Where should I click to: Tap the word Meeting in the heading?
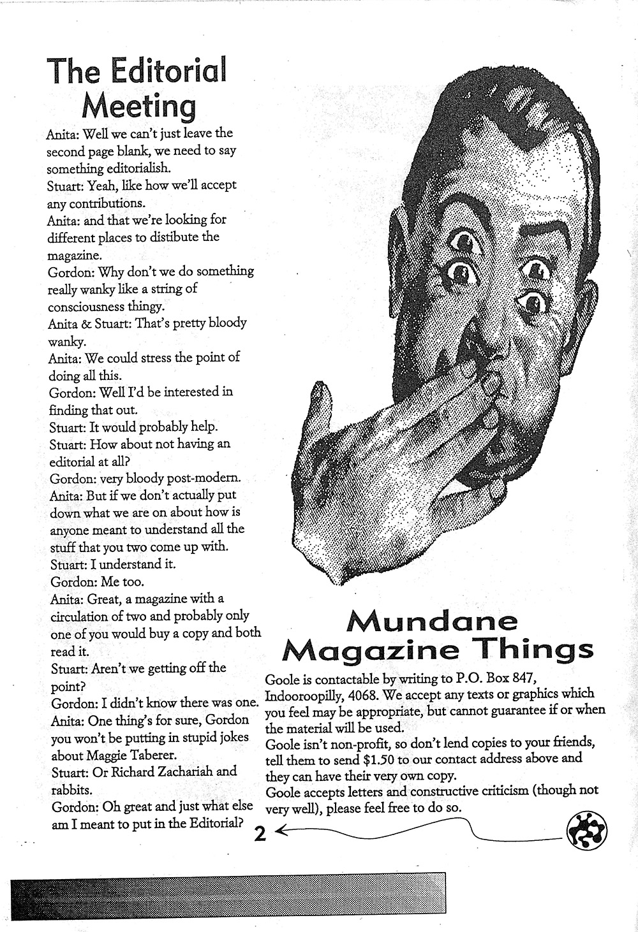pyautogui.click(x=138, y=106)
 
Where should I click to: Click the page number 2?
pyautogui.click(x=260, y=834)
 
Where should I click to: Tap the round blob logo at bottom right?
pyautogui.click(x=586, y=832)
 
